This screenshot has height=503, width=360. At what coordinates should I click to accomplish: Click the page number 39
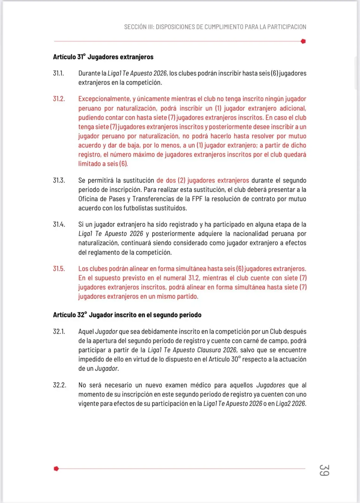[324, 470]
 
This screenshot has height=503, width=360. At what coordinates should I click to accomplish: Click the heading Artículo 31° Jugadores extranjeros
[103, 57]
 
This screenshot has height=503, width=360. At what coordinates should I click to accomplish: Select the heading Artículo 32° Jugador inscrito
[127, 315]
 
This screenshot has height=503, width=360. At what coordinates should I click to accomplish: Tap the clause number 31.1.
[58, 73]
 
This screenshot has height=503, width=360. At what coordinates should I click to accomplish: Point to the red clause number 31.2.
[59, 99]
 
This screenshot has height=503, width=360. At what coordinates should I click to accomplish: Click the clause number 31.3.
[59, 180]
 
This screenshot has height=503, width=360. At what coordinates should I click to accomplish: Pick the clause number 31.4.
[59, 224]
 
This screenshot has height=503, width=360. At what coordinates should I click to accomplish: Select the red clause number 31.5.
[59, 269]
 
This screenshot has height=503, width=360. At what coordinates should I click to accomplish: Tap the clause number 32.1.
[59, 332]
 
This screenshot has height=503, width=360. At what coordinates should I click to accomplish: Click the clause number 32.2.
[59, 385]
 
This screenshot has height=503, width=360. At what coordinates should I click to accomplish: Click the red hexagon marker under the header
[303, 41]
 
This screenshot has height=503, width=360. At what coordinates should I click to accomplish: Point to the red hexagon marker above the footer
[56, 469]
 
